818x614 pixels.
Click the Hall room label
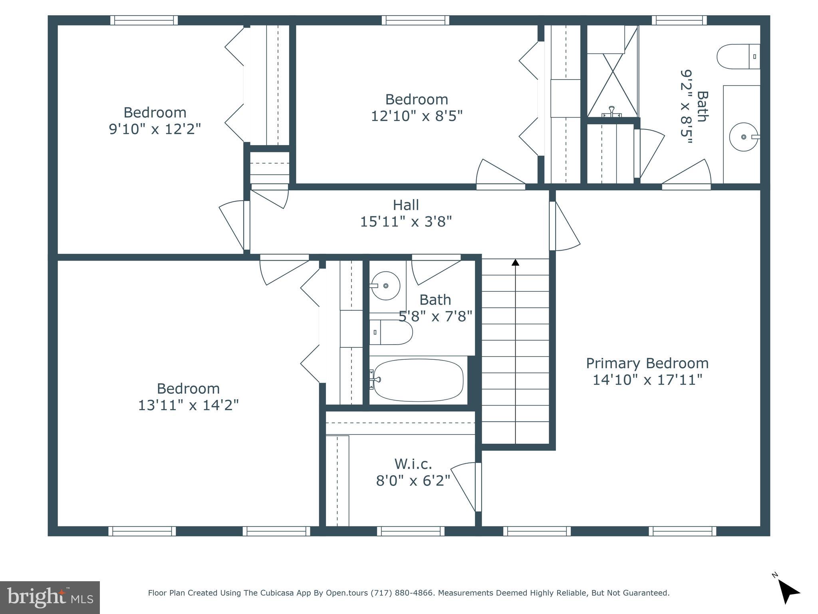pyautogui.click(x=406, y=205)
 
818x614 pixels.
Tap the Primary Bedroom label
pyautogui.click(x=647, y=363)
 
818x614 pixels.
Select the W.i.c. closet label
pyautogui.click(x=413, y=464)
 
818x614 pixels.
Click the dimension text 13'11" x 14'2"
pyautogui.click(x=188, y=405)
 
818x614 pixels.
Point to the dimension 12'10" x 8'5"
pyautogui.click(x=417, y=116)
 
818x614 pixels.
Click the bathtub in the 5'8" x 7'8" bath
pyautogui.click(x=418, y=380)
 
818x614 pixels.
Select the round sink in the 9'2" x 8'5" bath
pyautogui.click(x=743, y=137)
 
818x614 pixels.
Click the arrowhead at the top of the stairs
pyautogui.click(x=515, y=263)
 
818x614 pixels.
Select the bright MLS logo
pyautogui.click(x=50, y=597)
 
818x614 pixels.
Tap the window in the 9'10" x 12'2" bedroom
pyautogui.click(x=144, y=20)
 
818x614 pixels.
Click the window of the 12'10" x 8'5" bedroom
pyautogui.click(x=415, y=20)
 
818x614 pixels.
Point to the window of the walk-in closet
pyautogui.click(x=411, y=531)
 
